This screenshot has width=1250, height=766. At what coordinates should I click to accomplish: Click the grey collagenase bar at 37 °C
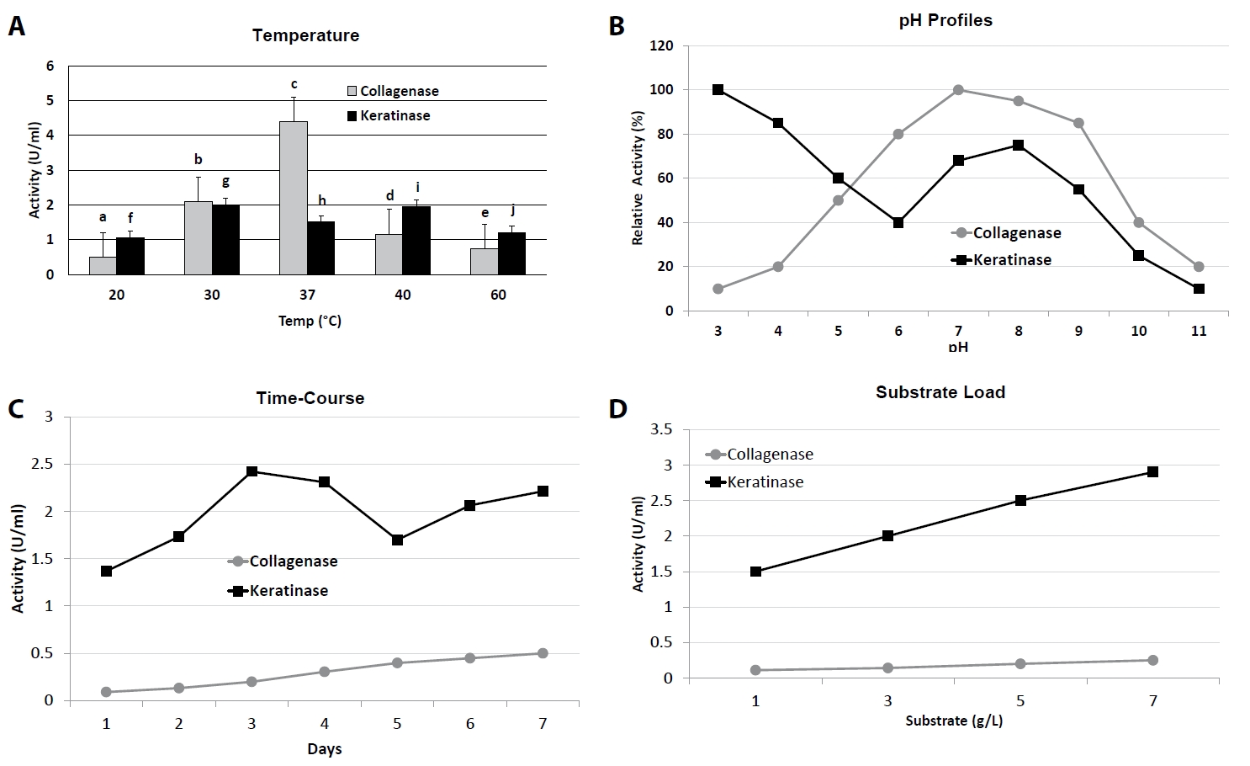[294, 198]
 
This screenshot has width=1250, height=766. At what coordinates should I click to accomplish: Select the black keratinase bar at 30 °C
[225, 240]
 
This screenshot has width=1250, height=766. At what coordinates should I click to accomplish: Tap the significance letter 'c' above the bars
[294, 84]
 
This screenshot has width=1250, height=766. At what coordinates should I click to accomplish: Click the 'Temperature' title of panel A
[305, 35]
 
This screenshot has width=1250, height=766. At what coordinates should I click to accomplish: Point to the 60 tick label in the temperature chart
[498, 295]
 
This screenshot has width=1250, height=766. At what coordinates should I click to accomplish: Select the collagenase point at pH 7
[958, 90]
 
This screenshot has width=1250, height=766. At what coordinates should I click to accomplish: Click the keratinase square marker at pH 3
[718, 90]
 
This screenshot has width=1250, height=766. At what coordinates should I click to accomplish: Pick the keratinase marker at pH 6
[898, 223]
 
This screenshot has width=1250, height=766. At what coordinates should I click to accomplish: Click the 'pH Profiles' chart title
[945, 20]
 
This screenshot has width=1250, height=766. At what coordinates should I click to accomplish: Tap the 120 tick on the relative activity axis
[661, 45]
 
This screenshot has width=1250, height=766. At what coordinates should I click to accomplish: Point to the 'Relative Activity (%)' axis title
[638, 178]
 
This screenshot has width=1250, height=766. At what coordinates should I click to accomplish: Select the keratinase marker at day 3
[252, 471]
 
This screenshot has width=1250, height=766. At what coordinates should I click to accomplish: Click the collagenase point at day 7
[543, 653]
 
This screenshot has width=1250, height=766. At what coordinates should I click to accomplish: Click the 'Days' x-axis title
[324, 748]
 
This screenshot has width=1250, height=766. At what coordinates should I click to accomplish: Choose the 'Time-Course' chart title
[310, 398]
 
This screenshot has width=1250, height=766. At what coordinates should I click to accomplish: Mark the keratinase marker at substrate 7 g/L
[1152, 471]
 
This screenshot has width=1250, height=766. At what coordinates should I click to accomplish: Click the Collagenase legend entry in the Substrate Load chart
[760, 455]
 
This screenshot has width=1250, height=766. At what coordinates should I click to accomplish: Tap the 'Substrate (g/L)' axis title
[953, 721]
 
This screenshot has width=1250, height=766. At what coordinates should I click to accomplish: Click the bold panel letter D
[618, 409]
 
